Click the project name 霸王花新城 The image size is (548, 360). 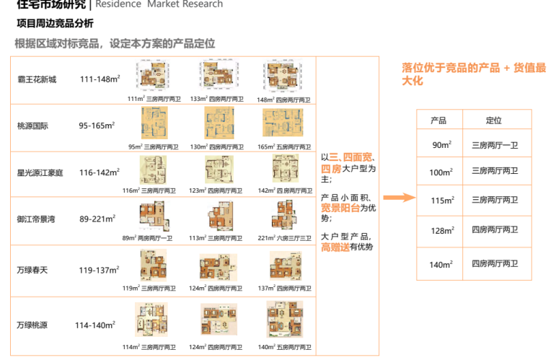point(37,79)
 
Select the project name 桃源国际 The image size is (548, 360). point(32,126)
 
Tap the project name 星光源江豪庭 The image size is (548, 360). point(40,172)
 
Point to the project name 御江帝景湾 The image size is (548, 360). point(37,219)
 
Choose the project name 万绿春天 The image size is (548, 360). point(32,270)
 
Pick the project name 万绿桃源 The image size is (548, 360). point(32,325)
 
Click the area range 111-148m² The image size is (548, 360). point(100,79)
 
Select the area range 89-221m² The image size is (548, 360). point(98,219)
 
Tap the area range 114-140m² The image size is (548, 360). point(95,325)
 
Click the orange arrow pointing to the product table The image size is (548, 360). point(397,197)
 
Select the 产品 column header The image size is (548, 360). point(438,120)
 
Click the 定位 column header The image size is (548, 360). point(494,120)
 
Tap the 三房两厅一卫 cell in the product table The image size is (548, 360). point(495,145)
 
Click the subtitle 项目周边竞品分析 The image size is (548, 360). point(55,23)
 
